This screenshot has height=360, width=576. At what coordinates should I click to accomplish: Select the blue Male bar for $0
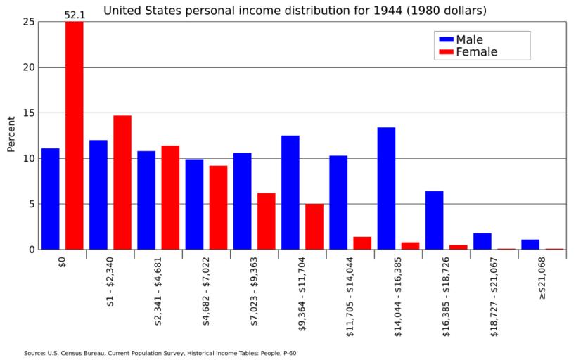pyautogui.click(x=50, y=199)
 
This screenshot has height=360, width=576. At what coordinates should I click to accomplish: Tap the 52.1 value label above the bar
pyautogui.click(x=75, y=14)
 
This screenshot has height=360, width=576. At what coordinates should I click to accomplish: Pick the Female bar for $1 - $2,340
pyautogui.click(x=122, y=182)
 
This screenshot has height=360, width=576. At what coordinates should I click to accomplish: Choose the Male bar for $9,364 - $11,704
pyautogui.click(x=290, y=193)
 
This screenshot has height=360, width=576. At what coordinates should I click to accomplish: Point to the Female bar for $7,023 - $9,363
pyautogui.click(x=266, y=221)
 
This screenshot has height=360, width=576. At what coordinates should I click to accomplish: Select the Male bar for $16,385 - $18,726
pyautogui.click(x=434, y=220)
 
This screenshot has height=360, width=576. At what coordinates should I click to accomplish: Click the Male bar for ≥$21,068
pyautogui.click(x=530, y=244)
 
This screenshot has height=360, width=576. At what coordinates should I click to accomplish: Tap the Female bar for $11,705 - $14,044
pyautogui.click(x=362, y=243)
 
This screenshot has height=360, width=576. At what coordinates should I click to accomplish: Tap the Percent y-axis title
pyautogui.click(x=11, y=134)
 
